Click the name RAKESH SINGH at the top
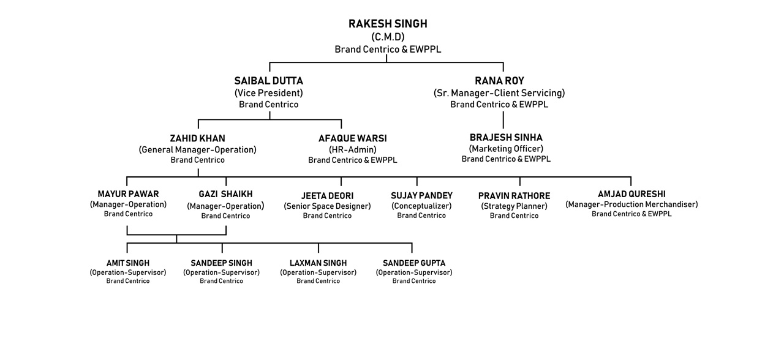(x=388, y=24)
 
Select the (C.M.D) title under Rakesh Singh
(x=388, y=37)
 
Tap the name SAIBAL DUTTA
(x=269, y=81)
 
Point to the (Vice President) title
(x=269, y=93)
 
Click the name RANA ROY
(x=499, y=81)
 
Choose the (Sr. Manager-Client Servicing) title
(x=499, y=93)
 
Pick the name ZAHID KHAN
(x=198, y=138)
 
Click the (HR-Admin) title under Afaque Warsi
(x=353, y=150)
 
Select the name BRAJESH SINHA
(x=506, y=137)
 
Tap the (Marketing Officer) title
(x=506, y=149)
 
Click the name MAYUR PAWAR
(x=128, y=194)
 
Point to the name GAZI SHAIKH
(x=226, y=194)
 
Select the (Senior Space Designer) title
(x=327, y=206)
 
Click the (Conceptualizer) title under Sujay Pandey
(x=421, y=206)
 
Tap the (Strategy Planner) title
(x=514, y=206)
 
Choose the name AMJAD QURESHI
(x=631, y=194)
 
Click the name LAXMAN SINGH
(x=318, y=263)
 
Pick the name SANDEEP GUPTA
(x=414, y=263)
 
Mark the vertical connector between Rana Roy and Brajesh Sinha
(x=503, y=120)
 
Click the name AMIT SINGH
(x=128, y=263)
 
